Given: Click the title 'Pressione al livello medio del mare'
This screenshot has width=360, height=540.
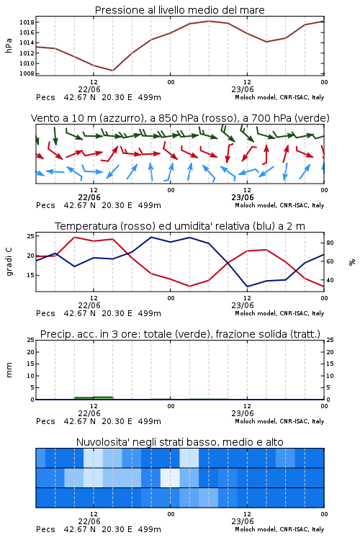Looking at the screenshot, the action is [x=180, y=10].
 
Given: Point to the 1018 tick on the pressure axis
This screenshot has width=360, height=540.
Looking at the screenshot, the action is [x=27, y=22].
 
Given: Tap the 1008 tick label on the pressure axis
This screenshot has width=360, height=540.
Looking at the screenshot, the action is [x=27, y=73].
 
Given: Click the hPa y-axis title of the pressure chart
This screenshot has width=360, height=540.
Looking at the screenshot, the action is [x=9, y=45].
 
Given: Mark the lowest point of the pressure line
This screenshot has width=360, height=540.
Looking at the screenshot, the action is [x=112, y=71].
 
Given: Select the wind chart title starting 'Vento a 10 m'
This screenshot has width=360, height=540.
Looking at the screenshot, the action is [x=180, y=118].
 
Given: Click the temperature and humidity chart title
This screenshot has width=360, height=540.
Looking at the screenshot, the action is [x=180, y=226].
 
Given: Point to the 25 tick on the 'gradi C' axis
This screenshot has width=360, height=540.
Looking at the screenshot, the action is [x=31, y=236].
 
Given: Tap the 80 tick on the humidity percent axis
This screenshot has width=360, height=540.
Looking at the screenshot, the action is [x=330, y=243].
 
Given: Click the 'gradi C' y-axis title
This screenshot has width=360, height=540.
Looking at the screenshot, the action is [x=9, y=262].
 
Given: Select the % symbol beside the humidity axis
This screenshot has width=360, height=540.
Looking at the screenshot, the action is [x=352, y=262].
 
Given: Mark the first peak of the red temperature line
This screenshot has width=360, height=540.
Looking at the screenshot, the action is [x=75, y=238].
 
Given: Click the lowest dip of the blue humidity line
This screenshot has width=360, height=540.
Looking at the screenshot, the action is [x=248, y=287].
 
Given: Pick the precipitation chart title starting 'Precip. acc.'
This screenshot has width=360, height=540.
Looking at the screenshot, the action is [x=180, y=334].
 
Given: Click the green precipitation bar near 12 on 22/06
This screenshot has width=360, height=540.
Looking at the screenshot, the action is [x=94, y=398].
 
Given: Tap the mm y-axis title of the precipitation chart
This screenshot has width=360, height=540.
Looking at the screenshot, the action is [x=9, y=370].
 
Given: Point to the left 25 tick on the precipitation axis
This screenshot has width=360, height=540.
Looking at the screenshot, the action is [x=31, y=340].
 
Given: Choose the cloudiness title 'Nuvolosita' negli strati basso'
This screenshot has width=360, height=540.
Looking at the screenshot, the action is [x=180, y=442].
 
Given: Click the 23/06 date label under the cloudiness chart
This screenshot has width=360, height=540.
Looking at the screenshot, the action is [x=243, y=521].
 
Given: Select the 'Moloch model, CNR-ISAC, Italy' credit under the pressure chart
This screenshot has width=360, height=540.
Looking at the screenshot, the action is [x=279, y=97].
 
